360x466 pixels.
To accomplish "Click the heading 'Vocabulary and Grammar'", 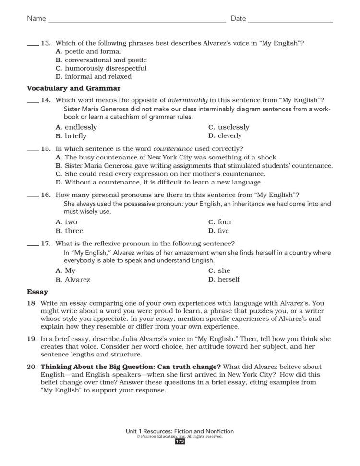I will tap(73, 88).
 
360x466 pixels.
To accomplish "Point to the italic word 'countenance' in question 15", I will tap(172, 148).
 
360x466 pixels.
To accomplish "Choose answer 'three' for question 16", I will tap(74, 231).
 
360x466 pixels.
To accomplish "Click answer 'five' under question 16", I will tap(223, 231).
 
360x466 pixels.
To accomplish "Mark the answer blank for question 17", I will tap(32, 244).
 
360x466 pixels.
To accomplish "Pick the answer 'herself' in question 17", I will tap(228, 279).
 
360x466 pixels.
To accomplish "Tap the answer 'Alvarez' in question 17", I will tap(77, 279).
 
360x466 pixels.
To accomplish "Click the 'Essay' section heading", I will tap(37, 292).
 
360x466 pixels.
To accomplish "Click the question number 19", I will tap(32, 338).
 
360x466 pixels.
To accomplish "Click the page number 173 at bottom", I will tap(180, 441).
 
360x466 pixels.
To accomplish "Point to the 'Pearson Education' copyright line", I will tap(180, 436).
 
